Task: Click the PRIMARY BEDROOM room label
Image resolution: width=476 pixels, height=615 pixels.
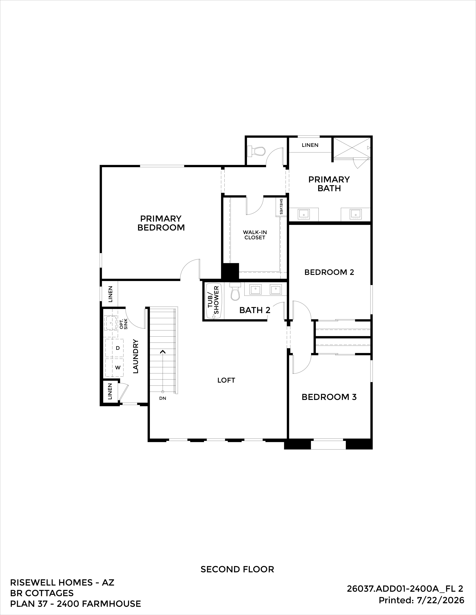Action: tap(161, 223)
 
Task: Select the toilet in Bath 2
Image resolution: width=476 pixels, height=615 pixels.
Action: tap(235, 291)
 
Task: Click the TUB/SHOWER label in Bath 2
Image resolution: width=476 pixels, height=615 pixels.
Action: tap(214, 300)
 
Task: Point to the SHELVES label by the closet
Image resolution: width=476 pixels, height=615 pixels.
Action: tap(281, 206)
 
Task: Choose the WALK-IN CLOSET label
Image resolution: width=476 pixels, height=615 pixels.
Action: tap(255, 235)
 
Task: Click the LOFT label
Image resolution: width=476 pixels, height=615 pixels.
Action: tap(226, 380)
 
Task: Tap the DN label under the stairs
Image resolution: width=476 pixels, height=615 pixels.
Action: tap(163, 398)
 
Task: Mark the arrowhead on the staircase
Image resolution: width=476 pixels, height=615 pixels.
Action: tap(163, 351)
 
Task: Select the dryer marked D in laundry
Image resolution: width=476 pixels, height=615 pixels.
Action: tap(114, 348)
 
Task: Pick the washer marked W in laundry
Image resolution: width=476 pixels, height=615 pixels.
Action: tap(114, 368)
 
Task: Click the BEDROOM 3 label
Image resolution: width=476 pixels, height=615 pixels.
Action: tap(329, 397)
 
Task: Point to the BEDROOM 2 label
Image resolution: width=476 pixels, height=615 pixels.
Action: tap(329, 272)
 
